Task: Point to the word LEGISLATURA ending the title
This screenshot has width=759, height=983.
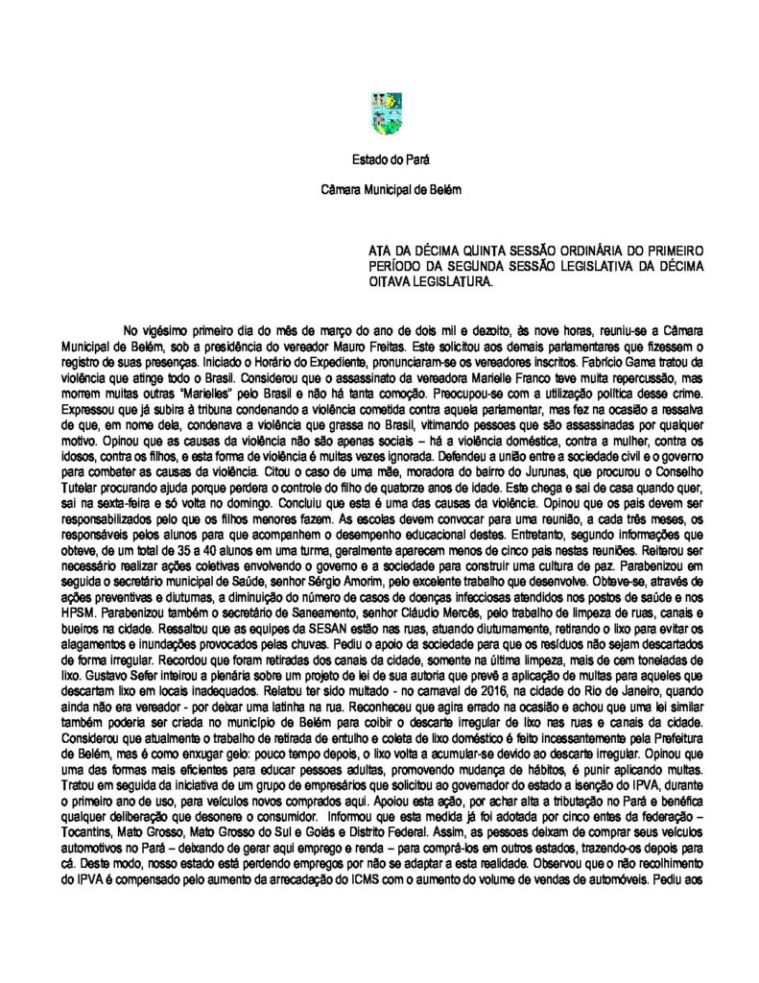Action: (444, 282)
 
